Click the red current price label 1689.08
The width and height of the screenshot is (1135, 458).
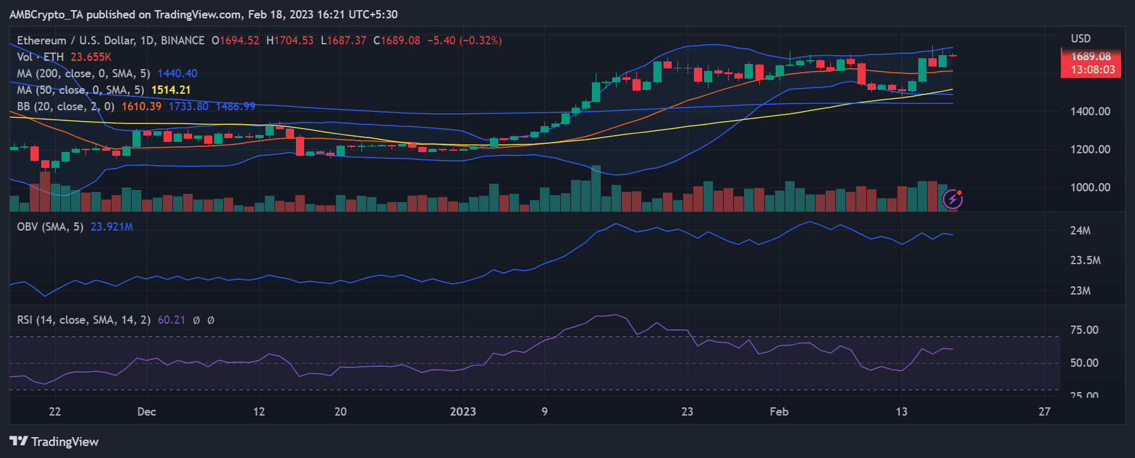(x=1091, y=56)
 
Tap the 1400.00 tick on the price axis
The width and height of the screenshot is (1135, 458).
(x=1090, y=111)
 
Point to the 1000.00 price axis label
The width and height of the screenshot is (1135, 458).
(x=1090, y=187)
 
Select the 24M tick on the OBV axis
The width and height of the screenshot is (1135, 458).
(x=1080, y=231)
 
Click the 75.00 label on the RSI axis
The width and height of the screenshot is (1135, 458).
(x=1084, y=329)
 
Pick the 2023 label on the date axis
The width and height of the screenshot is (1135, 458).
(x=463, y=412)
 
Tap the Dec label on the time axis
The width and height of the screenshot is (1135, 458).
(x=146, y=412)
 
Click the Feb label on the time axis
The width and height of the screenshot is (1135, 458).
(x=779, y=412)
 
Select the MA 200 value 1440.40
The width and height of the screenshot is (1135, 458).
(x=177, y=73)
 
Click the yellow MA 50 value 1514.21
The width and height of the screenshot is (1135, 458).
(x=170, y=90)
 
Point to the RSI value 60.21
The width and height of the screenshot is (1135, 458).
(x=171, y=320)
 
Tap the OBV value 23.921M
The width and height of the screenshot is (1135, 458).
(x=112, y=227)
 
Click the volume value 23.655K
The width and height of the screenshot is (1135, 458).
(x=91, y=57)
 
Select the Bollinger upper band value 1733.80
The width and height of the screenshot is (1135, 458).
(x=188, y=106)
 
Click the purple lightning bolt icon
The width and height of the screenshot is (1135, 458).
(x=952, y=200)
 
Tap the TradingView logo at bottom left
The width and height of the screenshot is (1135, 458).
(x=54, y=442)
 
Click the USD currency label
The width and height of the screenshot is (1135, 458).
(x=1080, y=39)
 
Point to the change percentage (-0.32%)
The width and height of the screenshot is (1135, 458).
(x=480, y=41)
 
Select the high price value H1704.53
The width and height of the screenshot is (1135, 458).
(x=290, y=41)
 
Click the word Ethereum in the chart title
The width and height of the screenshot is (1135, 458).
(x=41, y=41)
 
